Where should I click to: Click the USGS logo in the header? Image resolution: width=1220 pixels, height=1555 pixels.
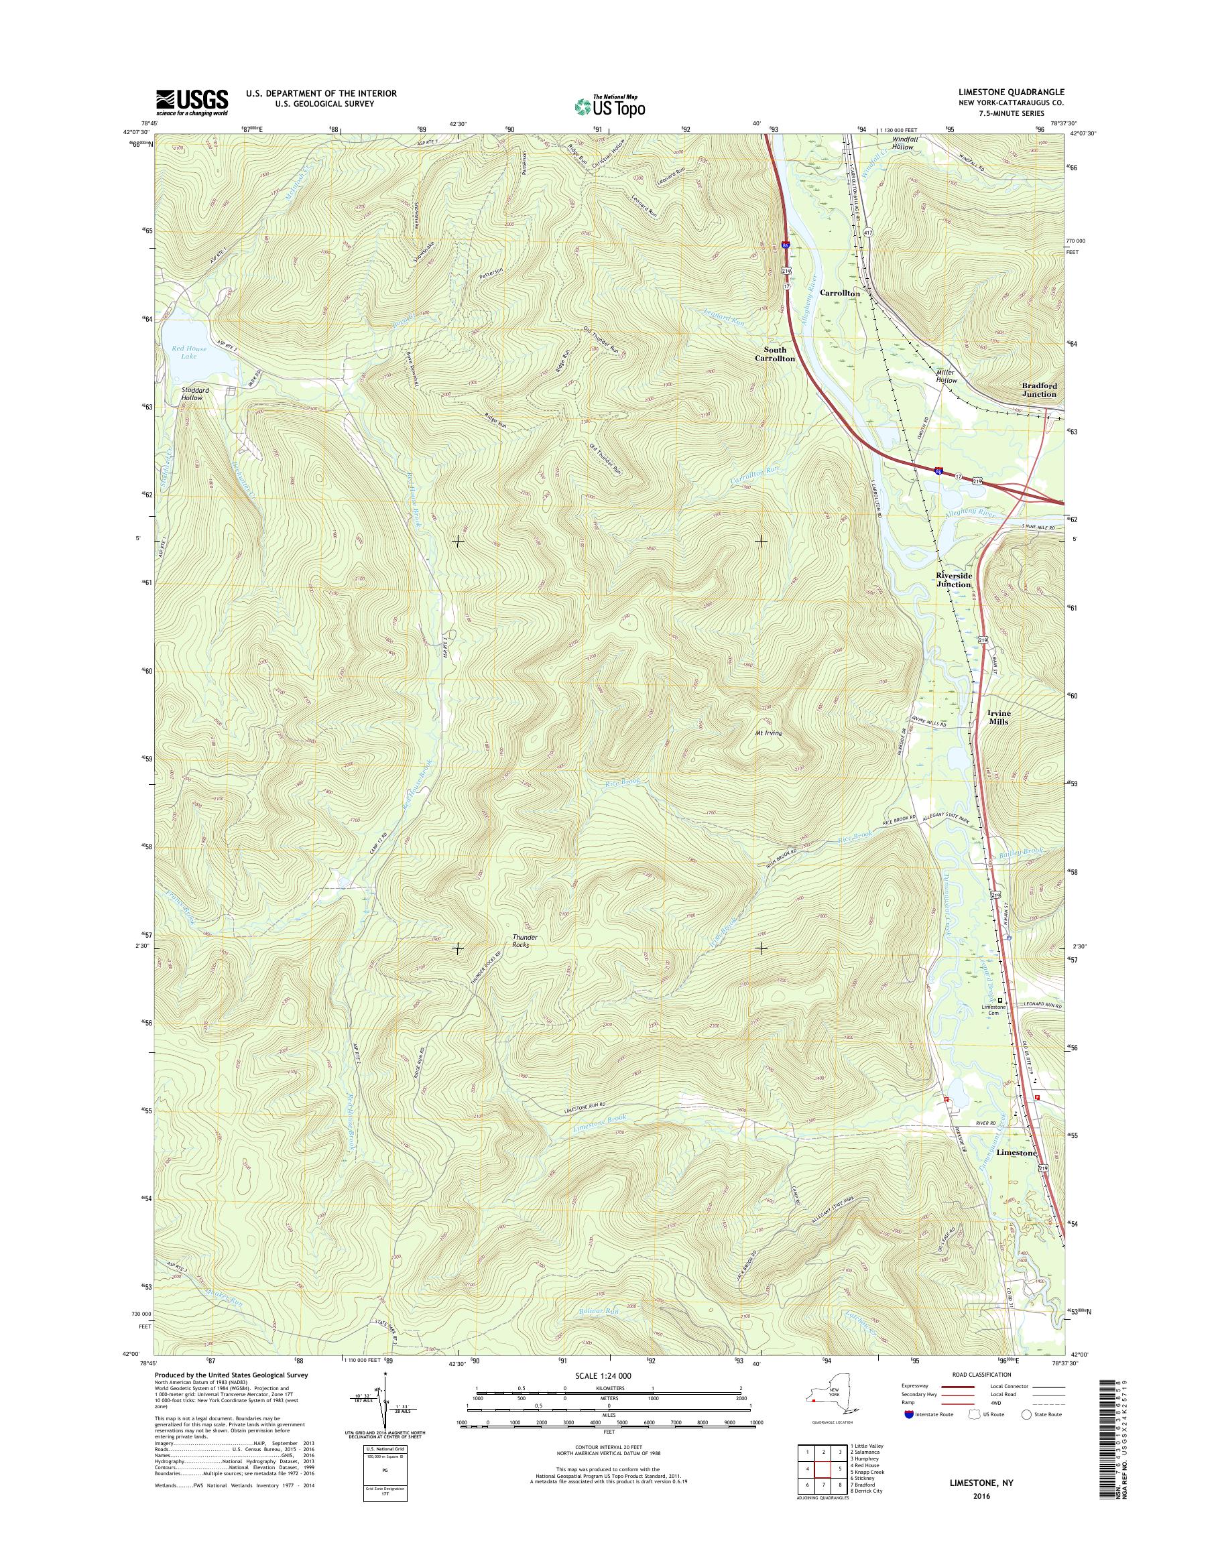[192, 102]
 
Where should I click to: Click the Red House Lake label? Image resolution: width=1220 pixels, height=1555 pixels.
[188, 352]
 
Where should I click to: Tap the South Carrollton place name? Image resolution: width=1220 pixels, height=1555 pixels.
[775, 355]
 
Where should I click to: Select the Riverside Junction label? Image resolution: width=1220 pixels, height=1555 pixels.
[954, 579]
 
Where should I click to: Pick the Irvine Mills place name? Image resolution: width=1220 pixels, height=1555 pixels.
[998, 717]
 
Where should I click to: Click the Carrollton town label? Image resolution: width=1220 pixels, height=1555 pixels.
[839, 293]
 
